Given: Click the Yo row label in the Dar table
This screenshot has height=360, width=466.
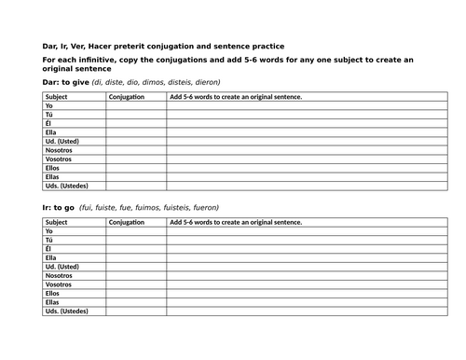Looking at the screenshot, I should coord(49,106).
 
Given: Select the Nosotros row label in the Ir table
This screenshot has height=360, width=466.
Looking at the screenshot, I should coord(59,275).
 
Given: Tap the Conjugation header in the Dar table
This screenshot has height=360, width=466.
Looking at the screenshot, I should coord(126,97).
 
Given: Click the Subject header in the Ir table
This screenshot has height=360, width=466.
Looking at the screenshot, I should coord(56,223).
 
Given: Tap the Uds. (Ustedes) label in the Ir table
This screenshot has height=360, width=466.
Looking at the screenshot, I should coord(66,311).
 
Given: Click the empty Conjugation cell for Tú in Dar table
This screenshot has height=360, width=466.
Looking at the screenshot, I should coord(136,115).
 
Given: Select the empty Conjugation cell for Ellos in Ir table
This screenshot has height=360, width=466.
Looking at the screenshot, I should coord(136,293).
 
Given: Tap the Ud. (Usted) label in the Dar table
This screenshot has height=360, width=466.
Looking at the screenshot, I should coord(62,141).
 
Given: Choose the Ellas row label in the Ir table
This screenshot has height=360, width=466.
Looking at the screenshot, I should coord(54,302).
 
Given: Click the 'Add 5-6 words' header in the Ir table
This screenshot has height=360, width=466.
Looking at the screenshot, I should coord(236,223).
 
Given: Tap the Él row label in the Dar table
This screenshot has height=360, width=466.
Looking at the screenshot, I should coord(48,124).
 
